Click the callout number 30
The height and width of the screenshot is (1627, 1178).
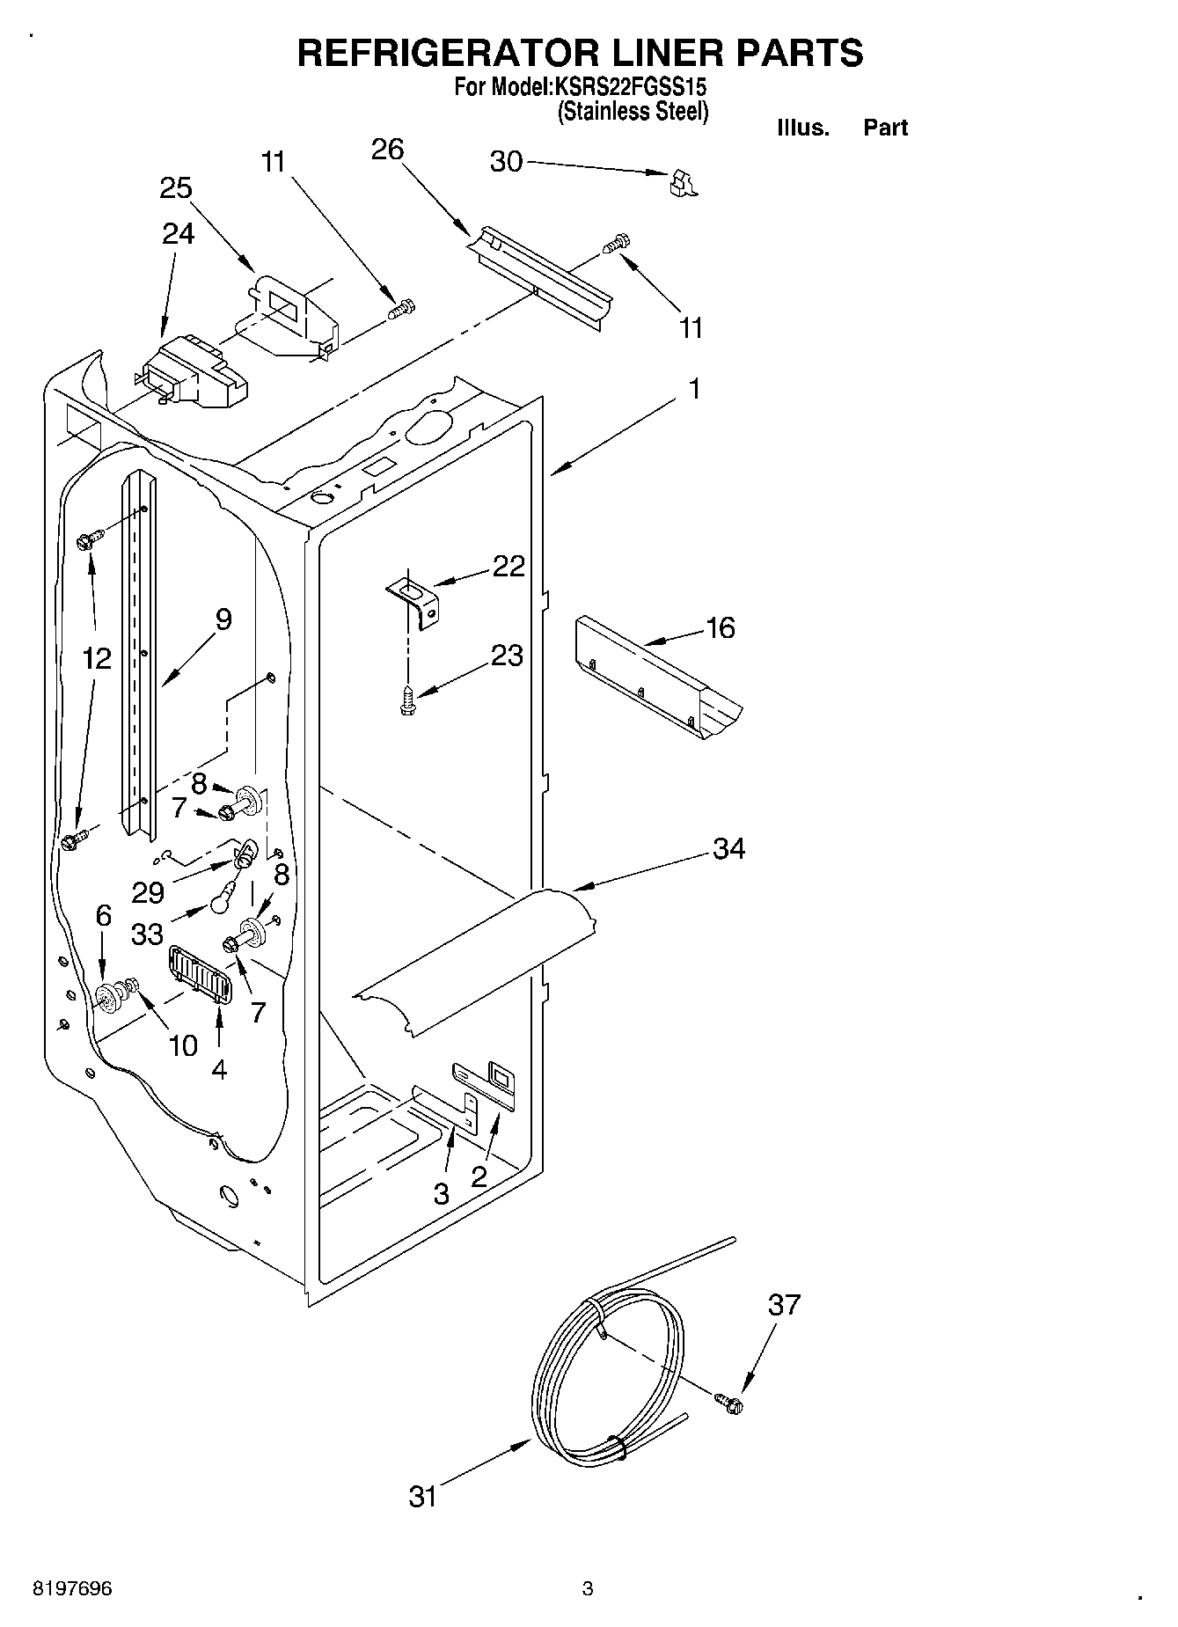click(x=506, y=163)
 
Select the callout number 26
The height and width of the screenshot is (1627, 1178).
click(x=387, y=150)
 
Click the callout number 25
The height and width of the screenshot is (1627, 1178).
click(x=176, y=188)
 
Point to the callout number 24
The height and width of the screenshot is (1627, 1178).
click(x=178, y=233)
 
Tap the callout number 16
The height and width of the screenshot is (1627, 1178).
click(x=720, y=628)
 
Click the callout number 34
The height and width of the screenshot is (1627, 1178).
click(x=729, y=849)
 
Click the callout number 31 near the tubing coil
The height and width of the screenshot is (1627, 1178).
click(x=423, y=1496)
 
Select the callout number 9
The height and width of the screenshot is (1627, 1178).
click(x=223, y=619)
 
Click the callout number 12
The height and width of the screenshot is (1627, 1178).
click(x=98, y=658)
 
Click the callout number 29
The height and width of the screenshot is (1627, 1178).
click(x=148, y=892)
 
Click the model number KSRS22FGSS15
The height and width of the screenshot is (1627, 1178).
click(x=628, y=88)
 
